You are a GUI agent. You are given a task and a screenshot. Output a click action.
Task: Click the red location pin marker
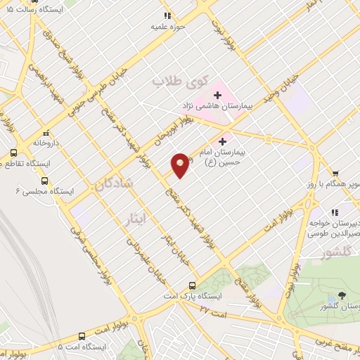180,165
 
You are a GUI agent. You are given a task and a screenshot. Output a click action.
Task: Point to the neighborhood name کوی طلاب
172,81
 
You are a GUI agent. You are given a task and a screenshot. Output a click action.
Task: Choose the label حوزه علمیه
167,27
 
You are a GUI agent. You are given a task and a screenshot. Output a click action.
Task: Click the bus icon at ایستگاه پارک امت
192,285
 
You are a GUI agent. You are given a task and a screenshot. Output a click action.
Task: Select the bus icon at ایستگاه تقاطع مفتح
13,153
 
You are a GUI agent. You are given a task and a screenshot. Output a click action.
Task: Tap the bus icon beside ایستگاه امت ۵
82,336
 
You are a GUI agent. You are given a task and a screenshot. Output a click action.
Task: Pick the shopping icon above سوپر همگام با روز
335,174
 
